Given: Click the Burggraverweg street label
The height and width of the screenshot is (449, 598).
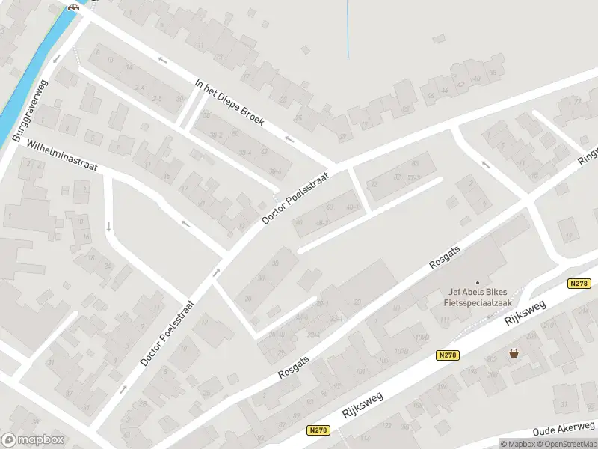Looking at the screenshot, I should (28, 112).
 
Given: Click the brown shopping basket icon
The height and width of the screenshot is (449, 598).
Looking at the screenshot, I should (514, 353).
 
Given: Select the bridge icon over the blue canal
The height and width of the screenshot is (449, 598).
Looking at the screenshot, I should (73, 7).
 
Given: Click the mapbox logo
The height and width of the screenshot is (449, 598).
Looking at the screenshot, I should (33, 439).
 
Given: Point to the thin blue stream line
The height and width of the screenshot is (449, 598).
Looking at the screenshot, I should (348, 30).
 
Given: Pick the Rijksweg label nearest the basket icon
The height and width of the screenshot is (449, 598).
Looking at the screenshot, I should (525, 315).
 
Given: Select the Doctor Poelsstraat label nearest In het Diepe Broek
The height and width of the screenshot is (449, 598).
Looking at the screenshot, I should (297, 195).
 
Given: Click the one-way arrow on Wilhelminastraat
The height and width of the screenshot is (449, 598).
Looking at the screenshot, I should (185, 222).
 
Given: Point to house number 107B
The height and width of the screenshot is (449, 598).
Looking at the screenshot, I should (401, 350).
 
